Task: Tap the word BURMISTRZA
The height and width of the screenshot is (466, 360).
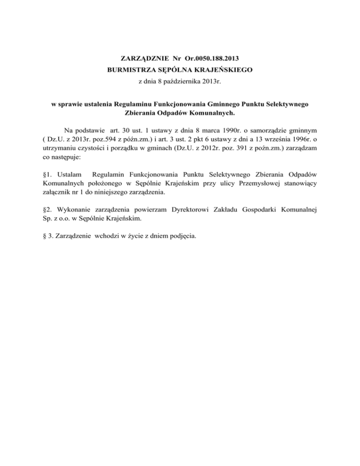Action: (131, 71)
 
